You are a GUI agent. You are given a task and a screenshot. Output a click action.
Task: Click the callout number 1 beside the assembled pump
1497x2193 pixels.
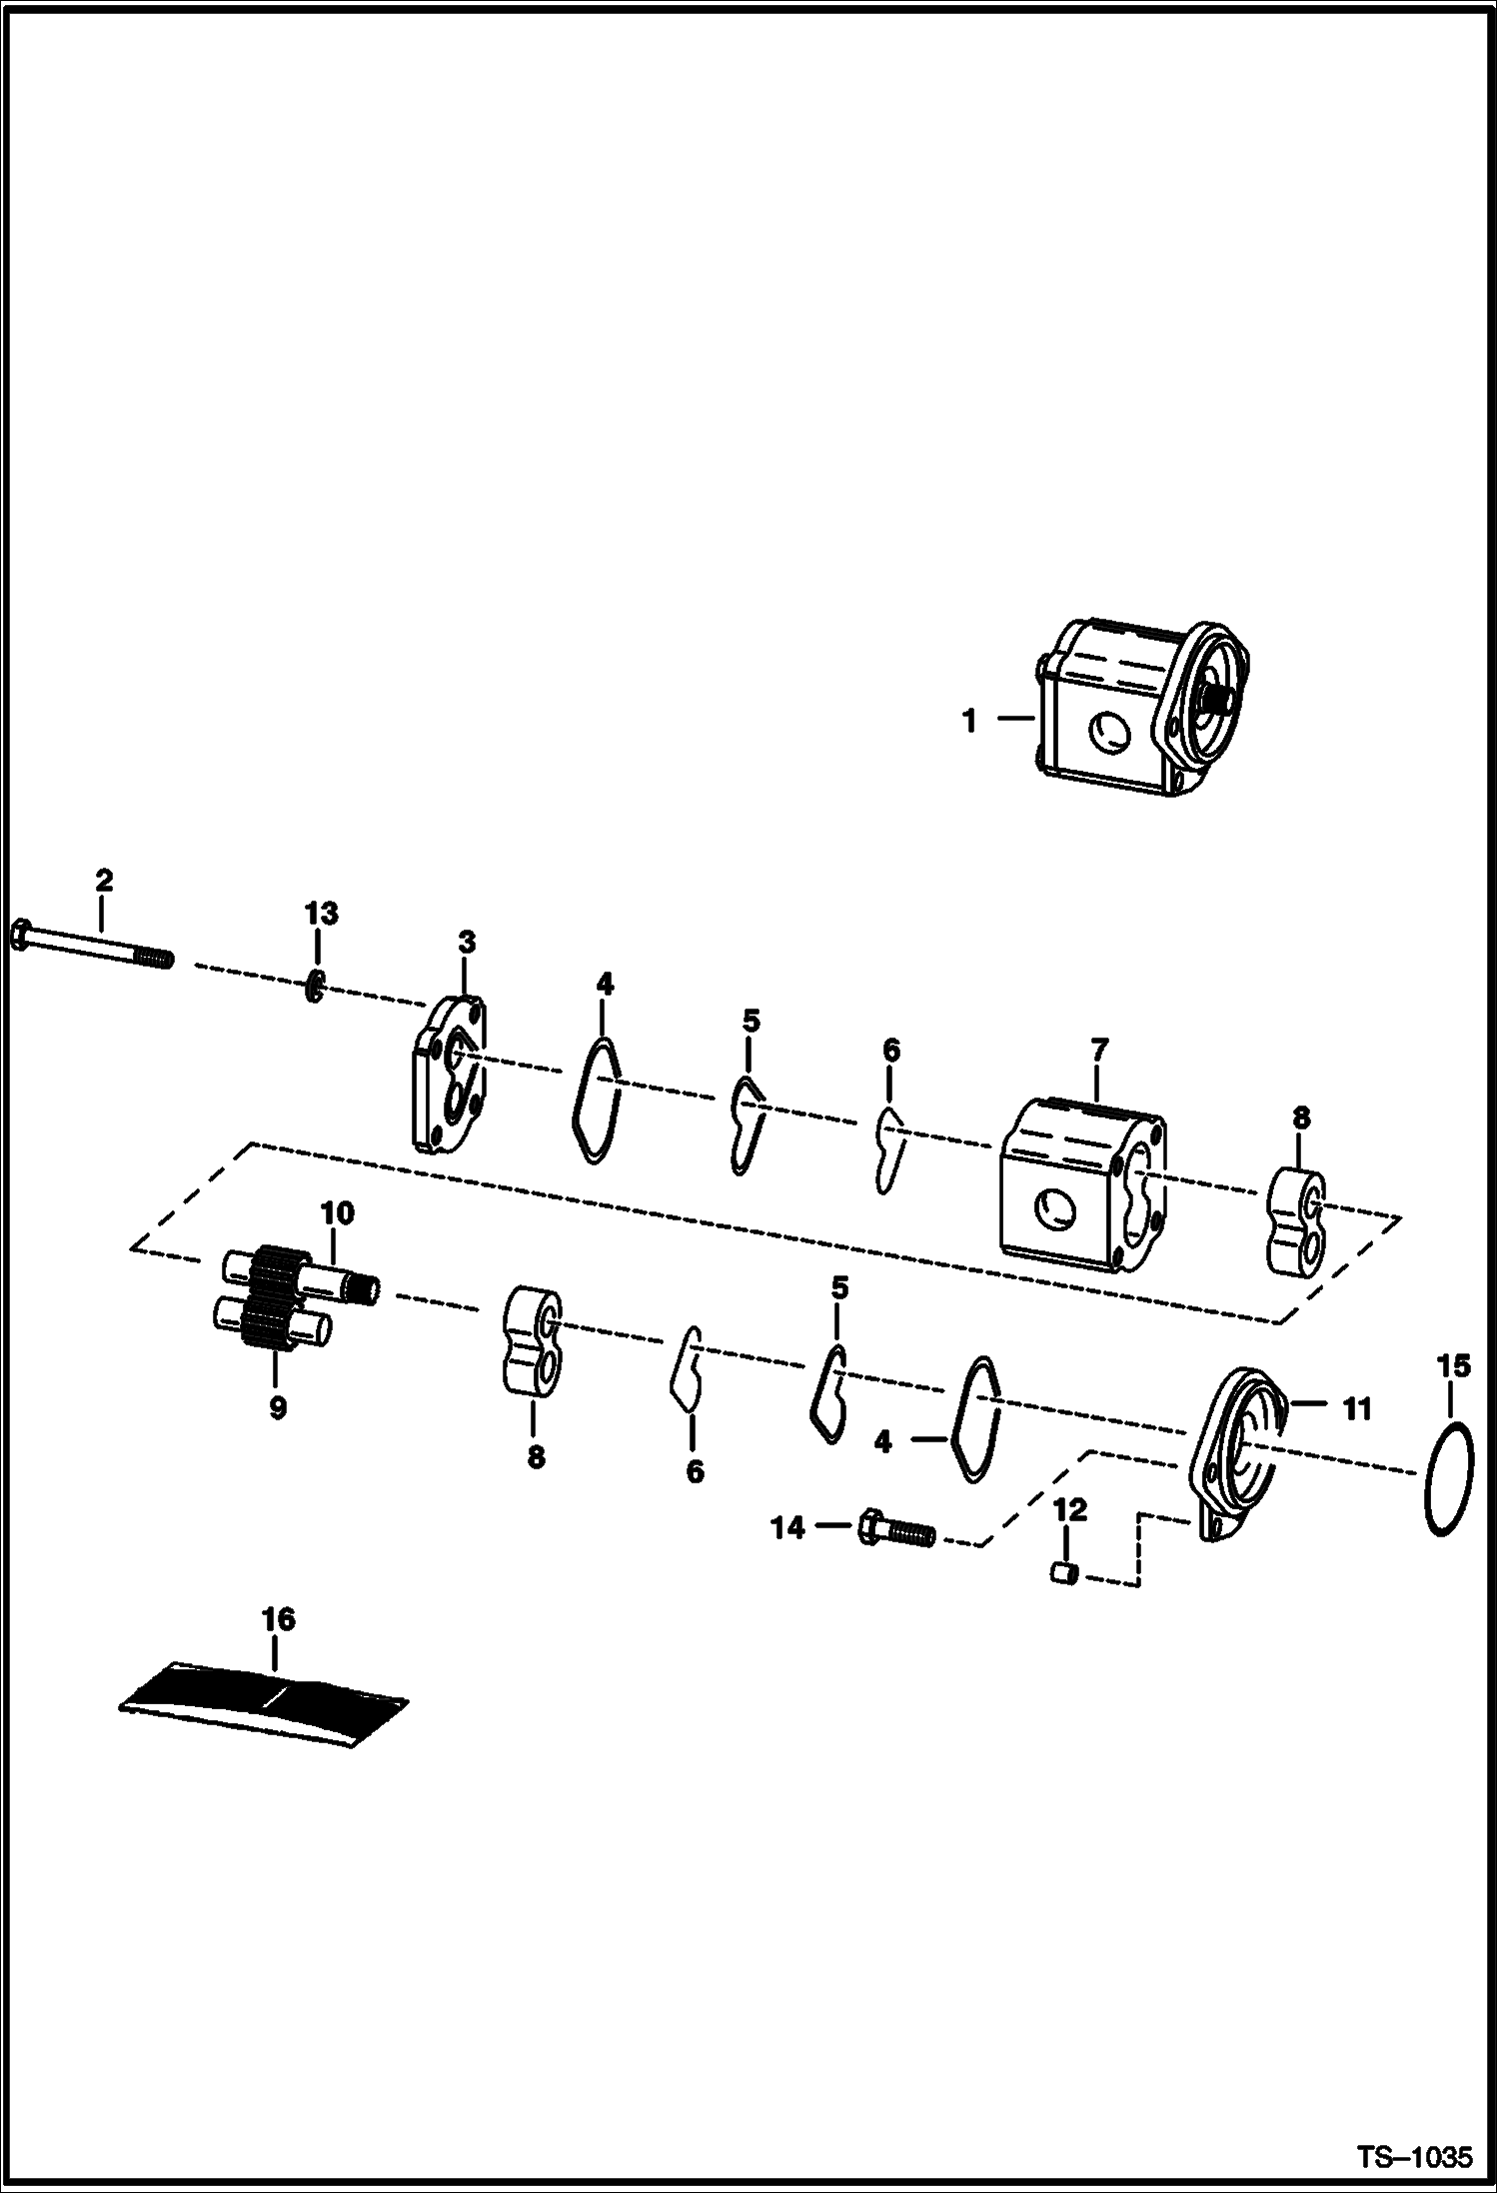pos(968,721)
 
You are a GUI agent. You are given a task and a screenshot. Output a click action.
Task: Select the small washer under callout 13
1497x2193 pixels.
pos(315,987)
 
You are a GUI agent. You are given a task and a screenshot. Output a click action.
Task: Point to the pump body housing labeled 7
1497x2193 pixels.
pos(1082,1184)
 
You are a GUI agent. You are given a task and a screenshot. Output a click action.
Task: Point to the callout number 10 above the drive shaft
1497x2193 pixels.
pos(338,1214)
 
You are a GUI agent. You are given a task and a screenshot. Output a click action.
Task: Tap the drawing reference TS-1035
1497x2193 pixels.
pos(1413,2156)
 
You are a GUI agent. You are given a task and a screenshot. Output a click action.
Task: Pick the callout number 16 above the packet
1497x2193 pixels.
pos(279,1619)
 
